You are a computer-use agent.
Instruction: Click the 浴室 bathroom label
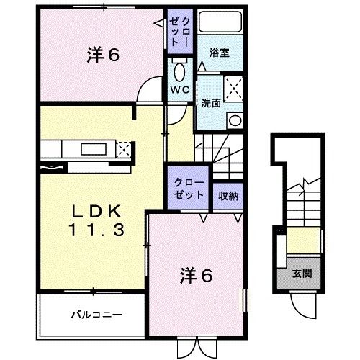(x=220, y=53)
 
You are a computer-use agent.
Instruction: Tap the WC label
(x=179, y=90)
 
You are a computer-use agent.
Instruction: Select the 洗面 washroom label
(x=210, y=102)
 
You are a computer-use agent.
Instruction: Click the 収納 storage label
(x=228, y=194)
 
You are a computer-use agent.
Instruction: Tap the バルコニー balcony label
(x=96, y=314)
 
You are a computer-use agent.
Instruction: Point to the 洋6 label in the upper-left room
(x=102, y=54)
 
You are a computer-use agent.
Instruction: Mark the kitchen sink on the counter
(x=93, y=150)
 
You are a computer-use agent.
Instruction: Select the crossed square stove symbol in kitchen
(x=124, y=150)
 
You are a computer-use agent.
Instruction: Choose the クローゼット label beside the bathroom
(x=179, y=32)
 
